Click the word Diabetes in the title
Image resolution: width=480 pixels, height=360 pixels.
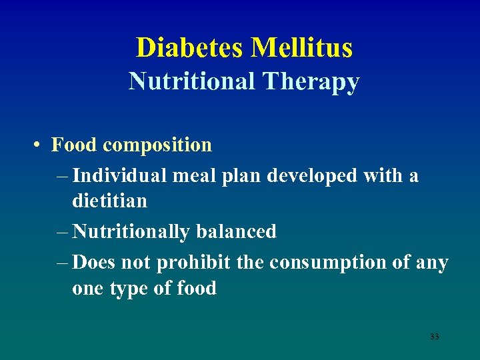(191, 48)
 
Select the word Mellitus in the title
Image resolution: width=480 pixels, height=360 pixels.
(301, 48)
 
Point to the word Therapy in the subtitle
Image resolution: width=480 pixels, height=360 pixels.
(311, 81)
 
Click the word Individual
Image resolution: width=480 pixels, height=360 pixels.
(120, 176)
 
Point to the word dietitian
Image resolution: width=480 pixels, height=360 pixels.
(110, 200)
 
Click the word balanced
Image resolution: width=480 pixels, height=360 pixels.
(236, 231)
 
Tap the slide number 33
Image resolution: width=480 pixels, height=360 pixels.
(434, 337)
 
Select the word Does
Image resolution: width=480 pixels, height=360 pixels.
(94, 263)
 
